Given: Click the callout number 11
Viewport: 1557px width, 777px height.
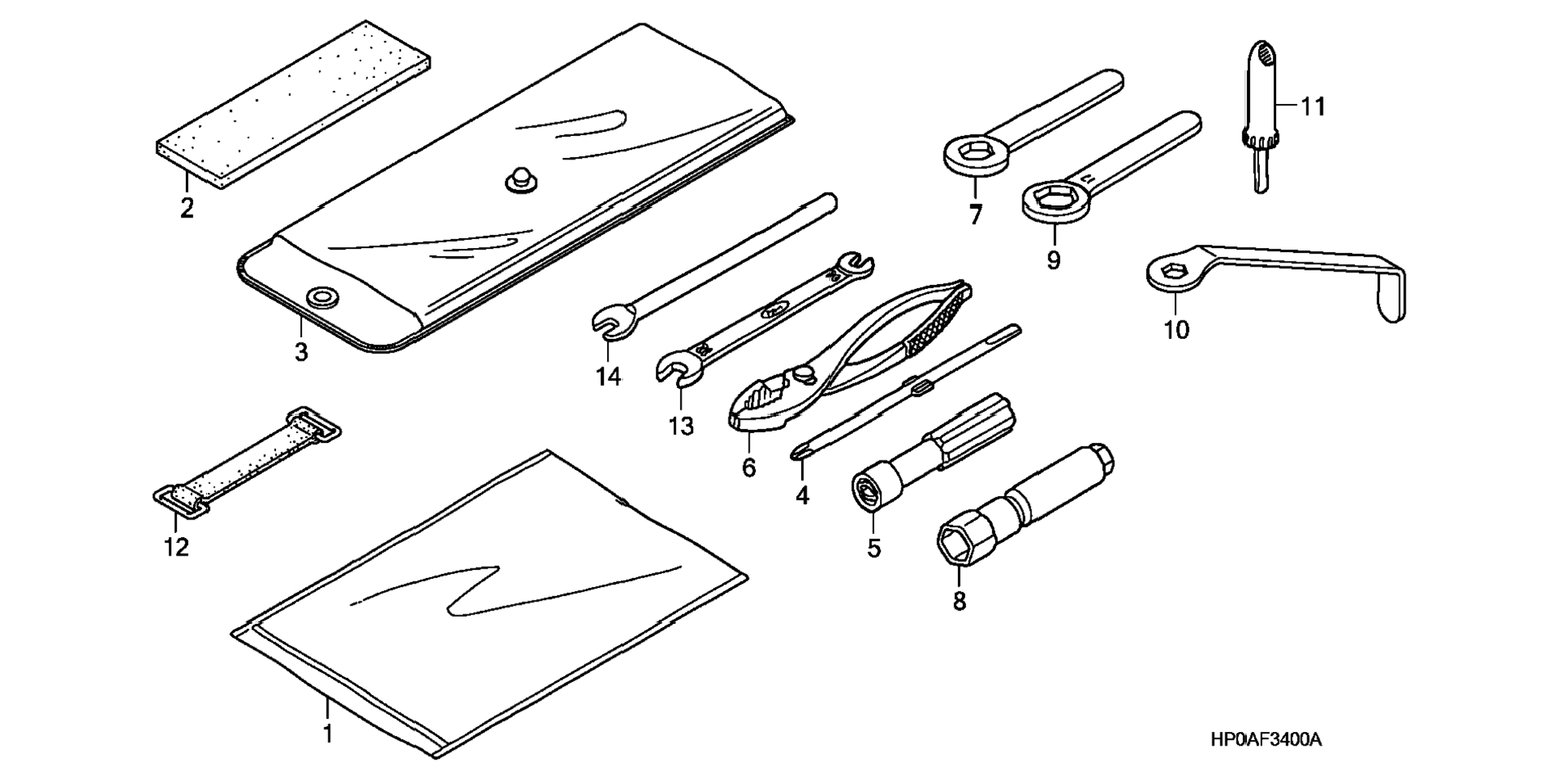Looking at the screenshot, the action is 1313,107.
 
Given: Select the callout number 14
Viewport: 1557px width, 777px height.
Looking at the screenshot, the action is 609,376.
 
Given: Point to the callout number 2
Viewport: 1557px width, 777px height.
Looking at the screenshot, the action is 187,209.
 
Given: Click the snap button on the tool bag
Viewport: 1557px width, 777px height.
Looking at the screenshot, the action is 520,180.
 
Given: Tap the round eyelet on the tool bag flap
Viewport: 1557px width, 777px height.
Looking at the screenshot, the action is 322,296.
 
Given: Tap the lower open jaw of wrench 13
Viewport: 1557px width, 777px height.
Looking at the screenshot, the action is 672,370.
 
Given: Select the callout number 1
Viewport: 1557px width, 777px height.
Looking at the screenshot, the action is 328,734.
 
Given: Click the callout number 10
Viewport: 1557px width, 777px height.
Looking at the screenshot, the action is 1176,330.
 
